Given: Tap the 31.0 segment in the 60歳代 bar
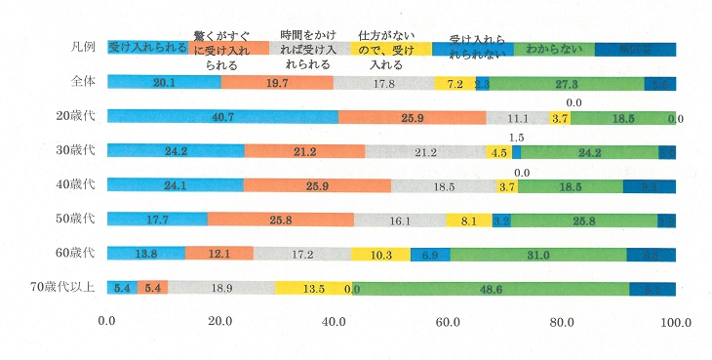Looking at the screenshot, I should (538, 255).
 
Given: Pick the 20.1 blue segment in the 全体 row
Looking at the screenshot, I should (164, 84).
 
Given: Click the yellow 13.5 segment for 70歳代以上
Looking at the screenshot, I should (312, 289).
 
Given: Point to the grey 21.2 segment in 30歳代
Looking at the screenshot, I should (425, 152).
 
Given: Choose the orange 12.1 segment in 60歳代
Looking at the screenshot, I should (218, 255).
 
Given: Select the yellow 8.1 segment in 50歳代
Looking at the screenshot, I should (469, 220).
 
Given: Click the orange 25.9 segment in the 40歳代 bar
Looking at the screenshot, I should (317, 186).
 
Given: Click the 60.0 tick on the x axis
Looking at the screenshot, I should (448, 321).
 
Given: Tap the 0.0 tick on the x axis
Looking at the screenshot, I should (107, 321).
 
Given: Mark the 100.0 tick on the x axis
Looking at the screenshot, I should (675, 321).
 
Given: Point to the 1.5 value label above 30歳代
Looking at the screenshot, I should (517, 137).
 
